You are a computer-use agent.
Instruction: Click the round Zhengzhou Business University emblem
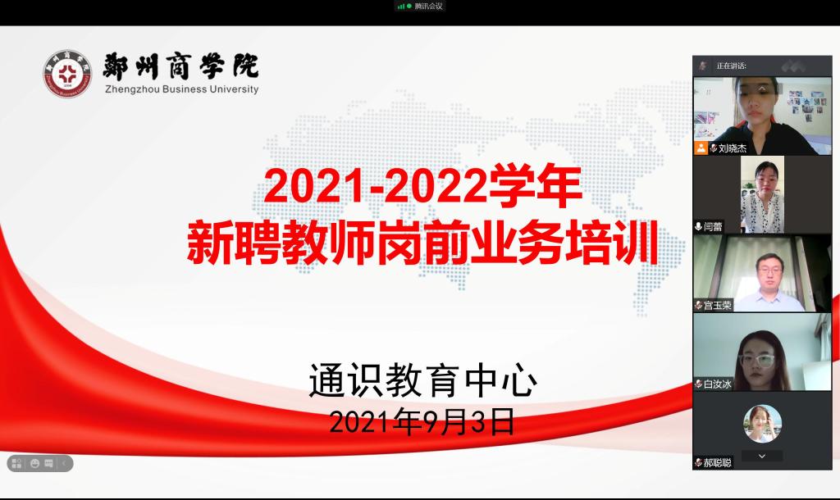pyautogui.click(x=67, y=74)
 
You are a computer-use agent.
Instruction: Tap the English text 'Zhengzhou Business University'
pyautogui.click(x=181, y=89)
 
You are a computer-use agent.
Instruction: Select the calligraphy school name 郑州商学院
pyautogui.click(x=180, y=66)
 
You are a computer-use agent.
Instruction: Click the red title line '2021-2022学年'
pyautogui.click(x=422, y=186)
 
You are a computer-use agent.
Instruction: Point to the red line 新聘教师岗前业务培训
pyautogui.click(x=422, y=243)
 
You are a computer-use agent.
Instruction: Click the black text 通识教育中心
pyautogui.click(x=422, y=380)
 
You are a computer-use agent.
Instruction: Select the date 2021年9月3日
pyautogui.click(x=422, y=422)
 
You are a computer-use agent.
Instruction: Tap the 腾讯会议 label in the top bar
pyautogui.click(x=428, y=7)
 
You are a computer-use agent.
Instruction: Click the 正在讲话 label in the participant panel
pyautogui.click(x=731, y=66)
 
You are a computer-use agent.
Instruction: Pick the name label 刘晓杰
pyautogui.click(x=733, y=148)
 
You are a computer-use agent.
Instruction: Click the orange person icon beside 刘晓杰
pyautogui.click(x=701, y=148)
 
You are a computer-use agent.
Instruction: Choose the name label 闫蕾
pyautogui.click(x=713, y=226)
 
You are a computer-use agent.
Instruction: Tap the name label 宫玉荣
pyautogui.click(x=717, y=305)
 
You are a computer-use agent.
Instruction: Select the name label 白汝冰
pyautogui.click(x=717, y=384)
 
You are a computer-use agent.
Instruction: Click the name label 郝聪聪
pyautogui.click(x=717, y=462)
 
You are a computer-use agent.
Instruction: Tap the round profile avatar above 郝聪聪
pyautogui.click(x=762, y=424)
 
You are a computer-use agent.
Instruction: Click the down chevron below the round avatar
pyautogui.click(x=762, y=456)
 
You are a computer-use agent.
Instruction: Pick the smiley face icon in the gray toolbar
pyautogui.click(x=34, y=463)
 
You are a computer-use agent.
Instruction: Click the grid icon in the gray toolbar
pyautogui.click(x=16, y=463)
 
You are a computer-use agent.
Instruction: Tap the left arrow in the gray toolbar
pyautogui.click(x=64, y=463)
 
